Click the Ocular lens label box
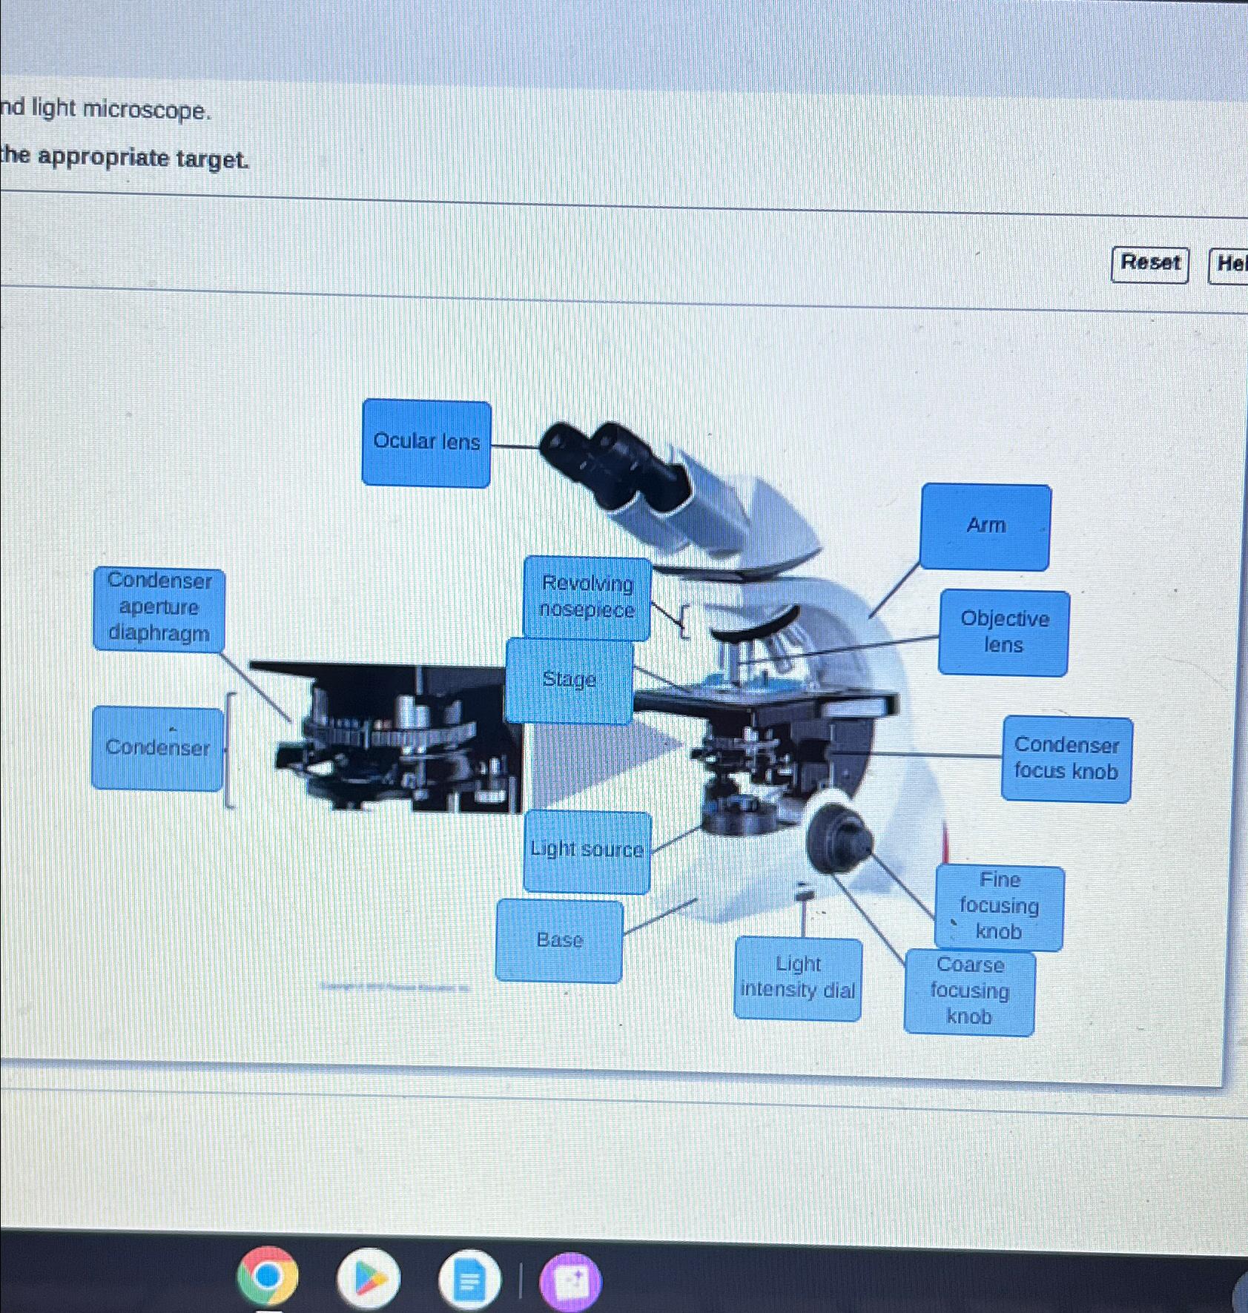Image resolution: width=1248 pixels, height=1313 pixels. pyautogui.click(x=426, y=443)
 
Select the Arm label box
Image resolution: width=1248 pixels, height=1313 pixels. pyautogui.click(x=985, y=526)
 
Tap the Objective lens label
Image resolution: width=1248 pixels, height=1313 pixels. pyautogui.click(x=1003, y=632)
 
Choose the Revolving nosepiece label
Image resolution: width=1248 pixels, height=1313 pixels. pyautogui.click(x=587, y=598)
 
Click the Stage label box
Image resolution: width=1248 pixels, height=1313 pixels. pyautogui.click(x=569, y=680)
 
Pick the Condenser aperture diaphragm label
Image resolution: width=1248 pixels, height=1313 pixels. pyautogui.click(x=159, y=608)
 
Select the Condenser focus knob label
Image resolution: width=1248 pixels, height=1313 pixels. pyautogui.click(x=1066, y=758)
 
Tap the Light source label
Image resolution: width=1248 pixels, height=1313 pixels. pyautogui.click(x=587, y=850)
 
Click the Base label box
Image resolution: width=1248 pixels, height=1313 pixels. pyautogui.click(x=559, y=940)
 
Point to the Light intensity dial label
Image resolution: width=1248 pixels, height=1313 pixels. pyautogui.click(x=798, y=978)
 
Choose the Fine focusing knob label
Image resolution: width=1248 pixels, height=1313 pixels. pyautogui.click(x=999, y=906)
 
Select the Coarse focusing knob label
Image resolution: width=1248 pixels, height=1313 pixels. pyautogui.click(x=969, y=991)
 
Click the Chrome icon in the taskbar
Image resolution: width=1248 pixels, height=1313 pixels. pyautogui.click(x=268, y=1277)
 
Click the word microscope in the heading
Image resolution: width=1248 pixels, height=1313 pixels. pyautogui.click(x=147, y=110)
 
